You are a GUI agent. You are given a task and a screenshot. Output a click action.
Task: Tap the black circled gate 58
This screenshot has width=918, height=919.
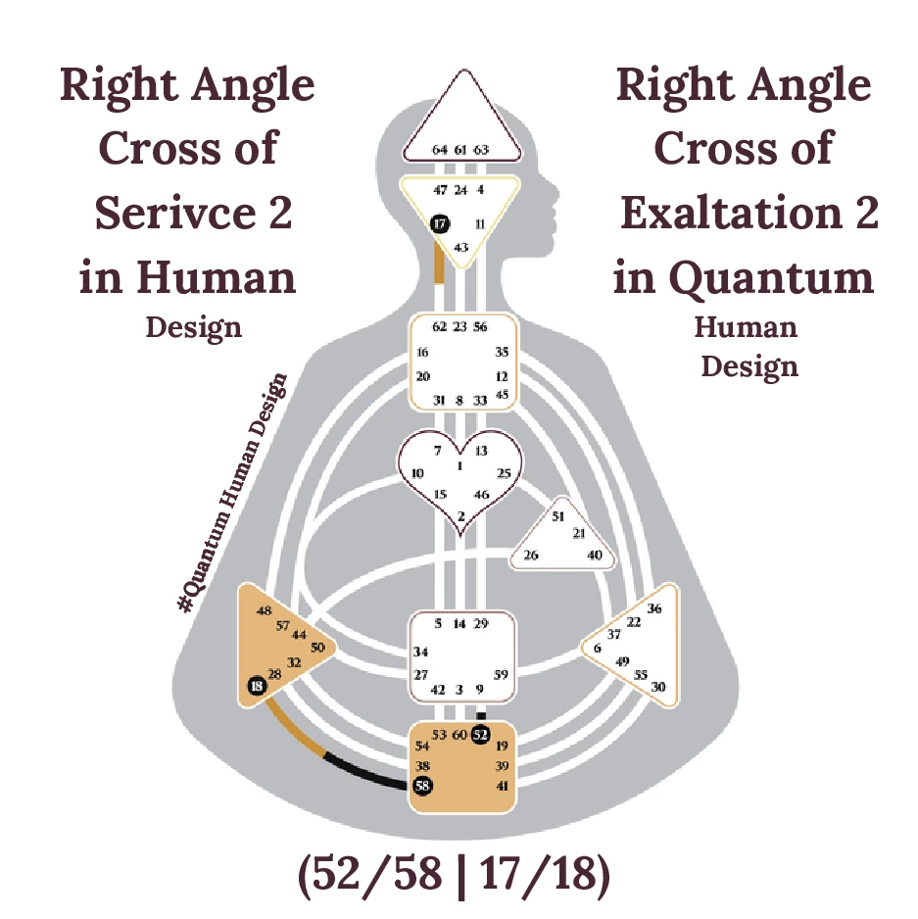coord(422,785)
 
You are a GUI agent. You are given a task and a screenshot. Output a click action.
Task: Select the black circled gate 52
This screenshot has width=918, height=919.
coord(480,734)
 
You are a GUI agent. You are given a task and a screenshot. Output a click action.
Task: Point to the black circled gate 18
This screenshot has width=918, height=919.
coord(257,687)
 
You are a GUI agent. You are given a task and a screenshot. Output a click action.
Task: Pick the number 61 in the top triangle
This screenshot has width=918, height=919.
coord(460,150)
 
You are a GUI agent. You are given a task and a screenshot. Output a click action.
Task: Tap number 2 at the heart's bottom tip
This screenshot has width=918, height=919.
coord(460,516)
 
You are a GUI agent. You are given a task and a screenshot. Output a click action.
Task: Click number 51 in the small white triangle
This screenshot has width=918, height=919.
coord(558,515)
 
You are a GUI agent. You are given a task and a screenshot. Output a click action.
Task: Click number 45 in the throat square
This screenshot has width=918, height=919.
coord(503,395)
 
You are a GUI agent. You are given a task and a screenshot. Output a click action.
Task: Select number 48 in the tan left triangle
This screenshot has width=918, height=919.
coord(264,611)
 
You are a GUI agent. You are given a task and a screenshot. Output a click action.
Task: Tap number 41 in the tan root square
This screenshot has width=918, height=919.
coord(503,786)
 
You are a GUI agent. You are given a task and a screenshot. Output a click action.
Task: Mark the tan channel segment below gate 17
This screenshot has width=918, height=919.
coord(439,263)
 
